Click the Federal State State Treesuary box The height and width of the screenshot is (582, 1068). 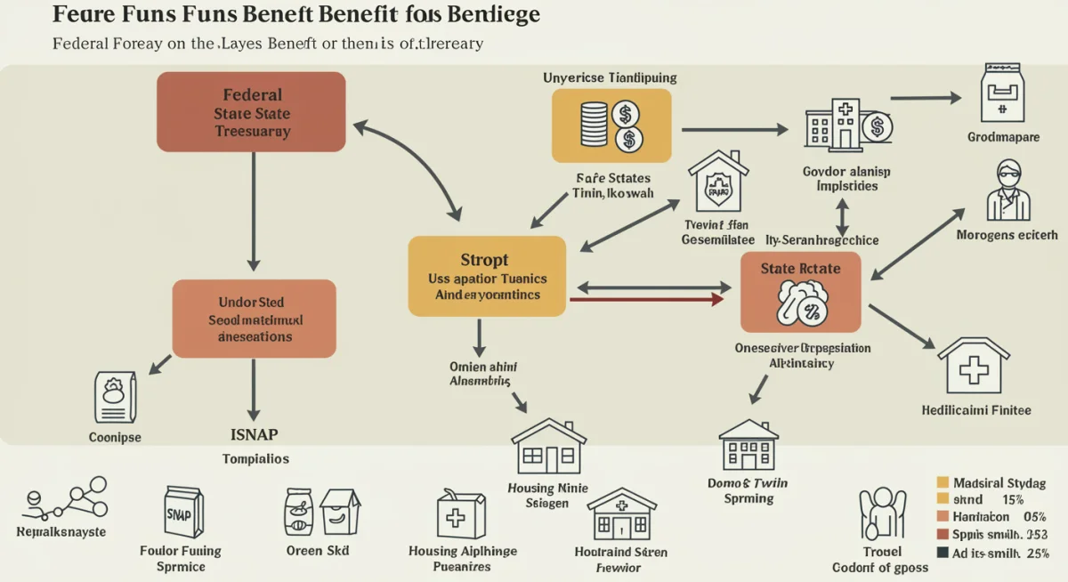[x=251, y=112]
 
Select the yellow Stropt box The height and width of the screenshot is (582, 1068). [x=487, y=276]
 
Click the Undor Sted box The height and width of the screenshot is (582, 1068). [x=254, y=319]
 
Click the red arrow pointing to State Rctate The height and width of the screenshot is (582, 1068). [x=645, y=300]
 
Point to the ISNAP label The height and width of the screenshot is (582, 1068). [x=255, y=434]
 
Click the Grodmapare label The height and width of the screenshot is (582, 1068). [x=1002, y=138]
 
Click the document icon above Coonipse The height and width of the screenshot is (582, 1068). [x=116, y=397]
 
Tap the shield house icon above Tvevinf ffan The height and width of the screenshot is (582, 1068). [x=718, y=185]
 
